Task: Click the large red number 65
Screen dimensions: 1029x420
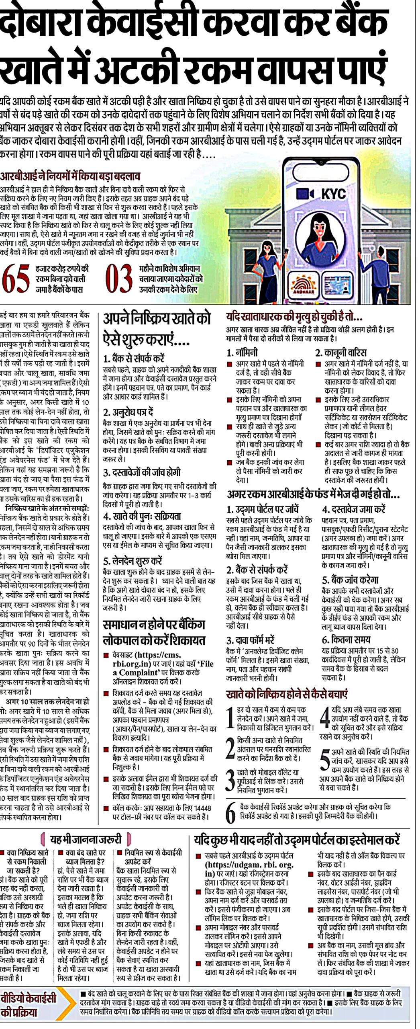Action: tap(16, 278)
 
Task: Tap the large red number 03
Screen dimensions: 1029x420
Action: tap(119, 278)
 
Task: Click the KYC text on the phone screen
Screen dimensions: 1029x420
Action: tap(333, 194)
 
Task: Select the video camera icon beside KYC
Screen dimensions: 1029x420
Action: tap(304, 194)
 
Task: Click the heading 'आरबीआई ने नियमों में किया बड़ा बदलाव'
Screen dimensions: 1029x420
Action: tap(70, 176)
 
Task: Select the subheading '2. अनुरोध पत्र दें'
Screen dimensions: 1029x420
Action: tap(128, 412)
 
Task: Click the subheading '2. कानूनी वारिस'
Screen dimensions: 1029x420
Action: tap(340, 353)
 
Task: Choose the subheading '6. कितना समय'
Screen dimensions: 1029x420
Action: tap(346, 640)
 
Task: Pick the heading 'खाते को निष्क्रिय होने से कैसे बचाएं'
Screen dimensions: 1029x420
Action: tap(287, 694)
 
